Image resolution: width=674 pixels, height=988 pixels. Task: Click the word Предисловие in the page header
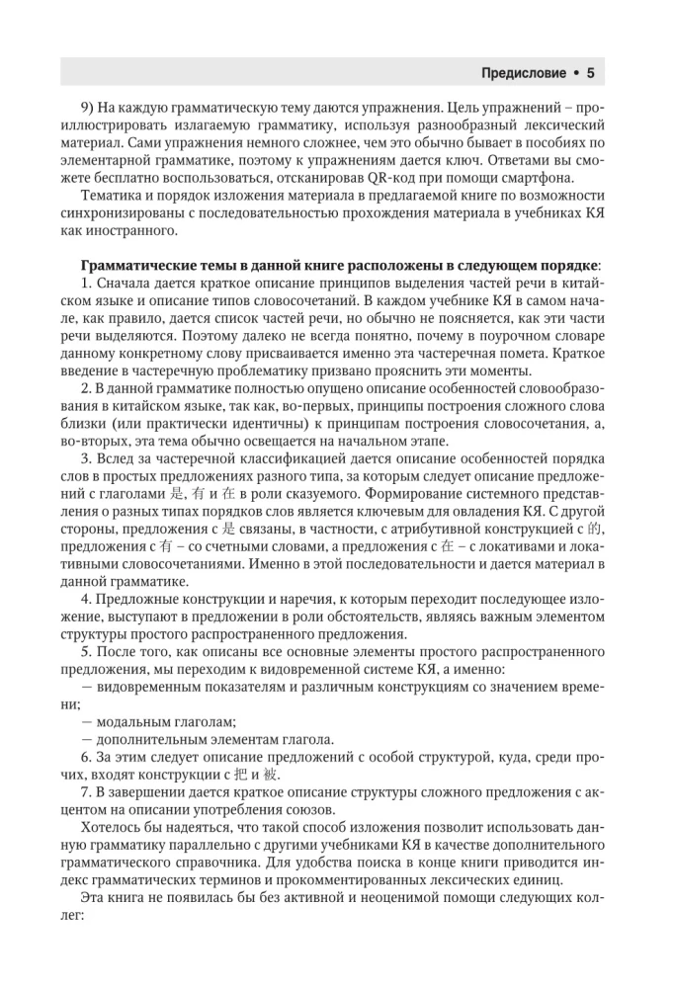coord(523,72)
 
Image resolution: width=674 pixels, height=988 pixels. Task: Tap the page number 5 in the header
coord(589,72)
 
